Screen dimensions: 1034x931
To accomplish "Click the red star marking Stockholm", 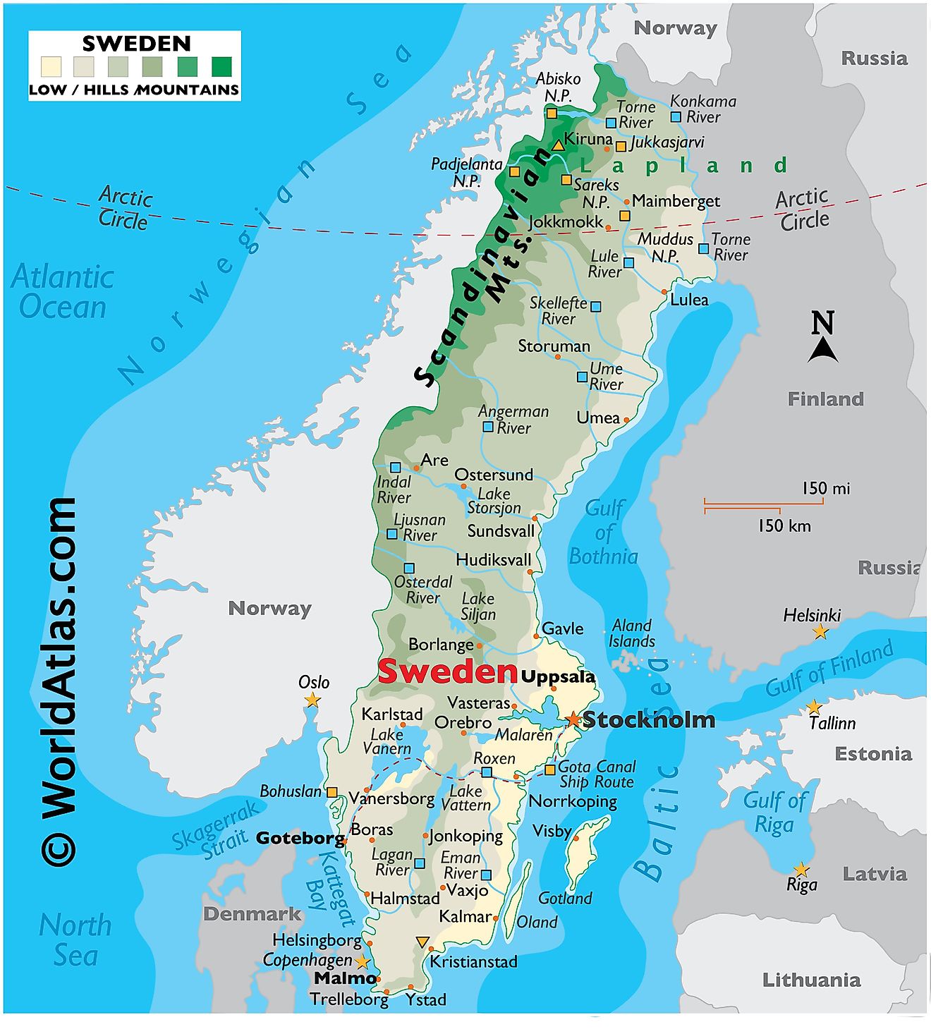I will pyautogui.click(x=573, y=719).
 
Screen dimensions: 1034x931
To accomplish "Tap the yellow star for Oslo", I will pyautogui.click(x=312, y=700).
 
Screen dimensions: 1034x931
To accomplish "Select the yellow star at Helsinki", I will pyautogui.click(x=820, y=632).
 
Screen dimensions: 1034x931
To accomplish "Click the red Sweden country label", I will pyautogui.click(x=448, y=671).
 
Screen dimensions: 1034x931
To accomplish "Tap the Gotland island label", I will pyautogui.click(x=564, y=898).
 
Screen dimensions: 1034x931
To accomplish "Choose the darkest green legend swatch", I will pyautogui.click(x=221, y=67).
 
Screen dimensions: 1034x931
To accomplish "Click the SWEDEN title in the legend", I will pyautogui.click(x=136, y=44).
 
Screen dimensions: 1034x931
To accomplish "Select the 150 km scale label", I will pyautogui.click(x=784, y=526).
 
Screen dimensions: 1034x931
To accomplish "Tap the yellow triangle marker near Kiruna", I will pyautogui.click(x=558, y=145).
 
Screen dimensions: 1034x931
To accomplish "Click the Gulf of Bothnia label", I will pyautogui.click(x=604, y=533).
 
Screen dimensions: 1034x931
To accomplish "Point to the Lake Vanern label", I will pyautogui.click(x=387, y=741).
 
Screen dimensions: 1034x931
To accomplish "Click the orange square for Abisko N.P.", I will pyautogui.click(x=552, y=114).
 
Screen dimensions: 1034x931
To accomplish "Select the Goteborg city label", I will pyautogui.click(x=300, y=838).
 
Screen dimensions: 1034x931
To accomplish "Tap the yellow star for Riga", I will pyautogui.click(x=801, y=870).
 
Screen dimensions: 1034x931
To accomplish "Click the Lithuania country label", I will pyautogui.click(x=811, y=980).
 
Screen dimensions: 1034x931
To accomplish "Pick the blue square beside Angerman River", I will pyautogui.click(x=487, y=427).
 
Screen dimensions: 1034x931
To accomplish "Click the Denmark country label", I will pyautogui.click(x=252, y=914).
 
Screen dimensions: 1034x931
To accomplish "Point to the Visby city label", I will pyautogui.click(x=551, y=831).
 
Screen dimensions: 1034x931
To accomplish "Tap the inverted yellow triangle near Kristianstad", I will pyautogui.click(x=422, y=942).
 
